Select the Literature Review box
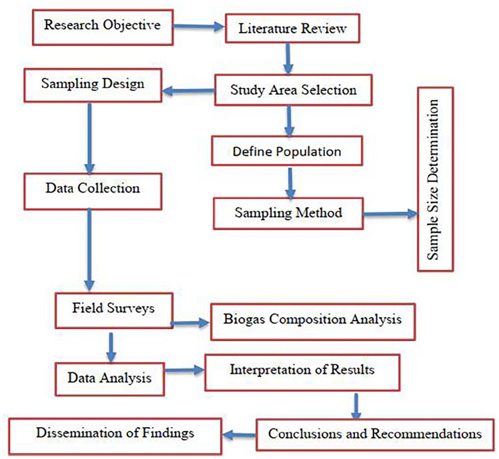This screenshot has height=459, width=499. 288,29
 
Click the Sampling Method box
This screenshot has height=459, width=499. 288,213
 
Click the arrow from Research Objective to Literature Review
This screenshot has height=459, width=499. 197,27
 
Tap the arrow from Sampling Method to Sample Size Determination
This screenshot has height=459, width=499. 386,215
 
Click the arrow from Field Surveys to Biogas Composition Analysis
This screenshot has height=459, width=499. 191,322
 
